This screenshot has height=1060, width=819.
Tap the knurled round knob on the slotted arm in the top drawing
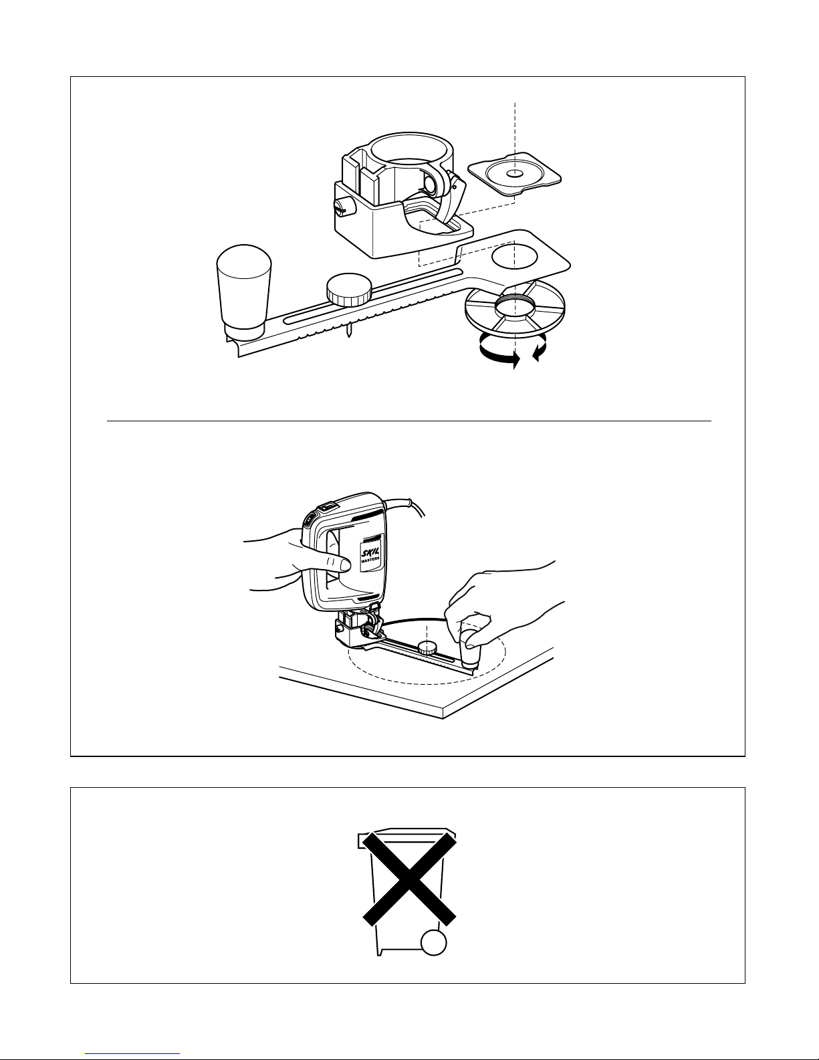pyautogui.click(x=349, y=290)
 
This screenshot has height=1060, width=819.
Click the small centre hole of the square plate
pyautogui.click(x=515, y=173)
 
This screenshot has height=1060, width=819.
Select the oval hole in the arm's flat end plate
pyautogui.click(x=515, y=257)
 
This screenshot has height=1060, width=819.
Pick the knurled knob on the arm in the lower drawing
pyautogui.click(x=427, y=648)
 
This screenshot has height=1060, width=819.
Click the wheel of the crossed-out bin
pyautogui.click(x=433, y=942)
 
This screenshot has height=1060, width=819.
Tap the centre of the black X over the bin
pyautogui.click(x=409, y=879)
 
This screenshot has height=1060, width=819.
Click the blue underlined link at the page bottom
pyautogui.click(x=132, y=1052)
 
